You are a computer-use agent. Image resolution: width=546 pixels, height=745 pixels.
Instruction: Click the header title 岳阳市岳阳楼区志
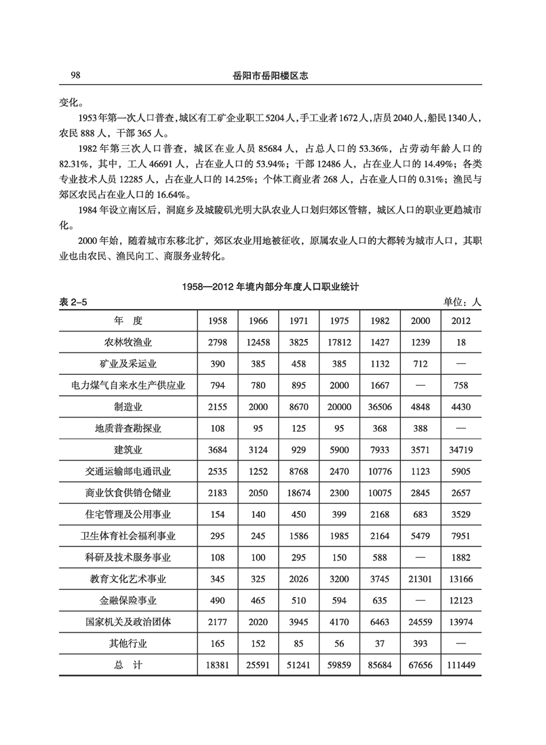[271, 76]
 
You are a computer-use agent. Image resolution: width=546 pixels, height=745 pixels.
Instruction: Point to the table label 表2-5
[73, 302]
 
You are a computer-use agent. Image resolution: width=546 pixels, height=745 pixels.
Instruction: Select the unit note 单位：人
[462, 302]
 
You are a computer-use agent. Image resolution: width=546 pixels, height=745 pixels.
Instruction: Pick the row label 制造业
[128, 407]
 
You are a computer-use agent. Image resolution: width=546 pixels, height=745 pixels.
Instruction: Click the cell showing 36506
[379, 407]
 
